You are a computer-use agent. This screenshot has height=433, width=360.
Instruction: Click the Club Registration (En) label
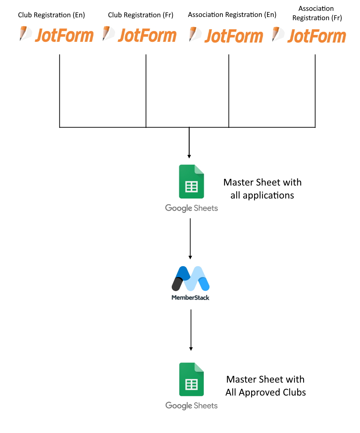pos(51,15)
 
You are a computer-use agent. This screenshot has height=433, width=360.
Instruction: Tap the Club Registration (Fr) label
pos(140,15)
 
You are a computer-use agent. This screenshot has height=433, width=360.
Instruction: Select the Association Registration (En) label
pos(232,15)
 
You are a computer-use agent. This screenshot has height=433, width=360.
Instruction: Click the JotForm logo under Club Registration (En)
pos(56,35)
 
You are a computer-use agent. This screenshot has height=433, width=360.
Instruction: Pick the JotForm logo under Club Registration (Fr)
pos(139,35)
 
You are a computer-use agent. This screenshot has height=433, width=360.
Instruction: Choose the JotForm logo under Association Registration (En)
pos(226,35)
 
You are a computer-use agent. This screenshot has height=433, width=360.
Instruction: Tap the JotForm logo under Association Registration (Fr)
pos(309,35)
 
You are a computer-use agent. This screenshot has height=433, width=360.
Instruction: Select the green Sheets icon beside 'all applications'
pos(191,181)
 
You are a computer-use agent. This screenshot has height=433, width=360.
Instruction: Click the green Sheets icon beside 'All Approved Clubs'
pos(191,379)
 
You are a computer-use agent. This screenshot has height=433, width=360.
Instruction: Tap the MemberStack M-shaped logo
pos(190,278)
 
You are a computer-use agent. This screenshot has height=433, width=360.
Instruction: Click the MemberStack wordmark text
pos(190,298)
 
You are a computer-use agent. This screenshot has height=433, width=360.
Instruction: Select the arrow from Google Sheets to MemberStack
pos(190,239)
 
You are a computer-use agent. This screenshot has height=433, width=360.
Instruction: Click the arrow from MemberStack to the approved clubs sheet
pos(191,330)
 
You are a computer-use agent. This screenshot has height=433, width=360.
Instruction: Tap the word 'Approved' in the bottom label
pos(260,393)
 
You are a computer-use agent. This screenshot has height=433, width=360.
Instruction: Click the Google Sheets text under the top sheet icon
pos(191,208)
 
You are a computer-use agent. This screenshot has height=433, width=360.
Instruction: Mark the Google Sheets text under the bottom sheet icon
pos(191,406)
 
